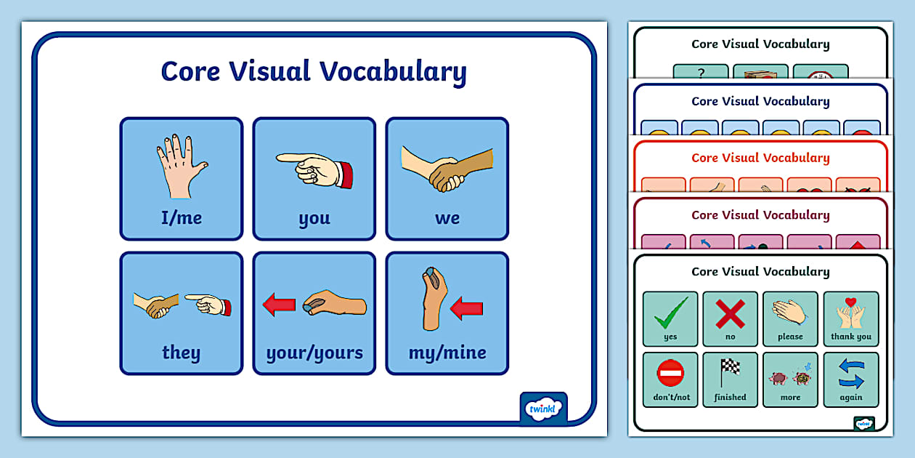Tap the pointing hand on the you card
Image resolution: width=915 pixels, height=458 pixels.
coord(314,168)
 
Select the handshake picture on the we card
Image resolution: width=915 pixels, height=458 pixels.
coord(447,169)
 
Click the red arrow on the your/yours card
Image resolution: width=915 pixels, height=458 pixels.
coord(279,305)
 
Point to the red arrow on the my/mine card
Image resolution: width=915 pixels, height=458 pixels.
coord(467,308)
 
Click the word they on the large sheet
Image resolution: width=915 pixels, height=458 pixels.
coord(181,353)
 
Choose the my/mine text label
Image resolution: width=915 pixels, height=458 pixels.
coord(447,353)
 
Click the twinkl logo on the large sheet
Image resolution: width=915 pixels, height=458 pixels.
coord(544,409)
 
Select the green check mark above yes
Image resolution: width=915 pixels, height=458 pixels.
coord(670,313)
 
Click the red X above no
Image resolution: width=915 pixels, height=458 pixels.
coord(730,313)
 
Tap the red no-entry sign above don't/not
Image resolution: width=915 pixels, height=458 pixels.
coord(670,374)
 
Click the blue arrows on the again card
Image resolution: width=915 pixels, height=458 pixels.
coord(850,374)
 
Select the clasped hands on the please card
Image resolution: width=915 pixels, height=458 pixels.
coord(790,313)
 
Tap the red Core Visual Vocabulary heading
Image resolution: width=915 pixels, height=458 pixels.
coord(760,158)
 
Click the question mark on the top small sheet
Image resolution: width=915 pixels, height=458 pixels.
coord(701,72)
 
